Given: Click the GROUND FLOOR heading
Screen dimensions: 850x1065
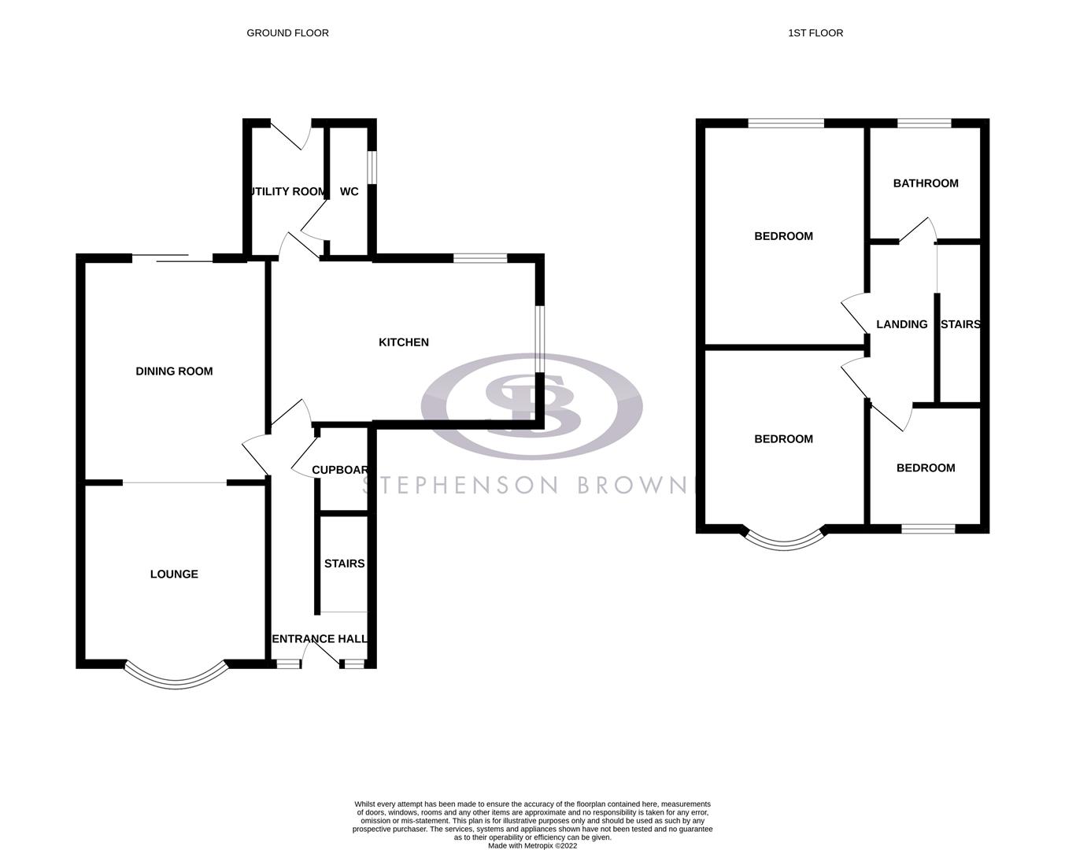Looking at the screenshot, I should pos(287,33).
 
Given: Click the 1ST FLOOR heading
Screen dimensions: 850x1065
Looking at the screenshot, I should pos(815,33).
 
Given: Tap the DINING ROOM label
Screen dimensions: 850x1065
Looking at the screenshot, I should pos(174,371).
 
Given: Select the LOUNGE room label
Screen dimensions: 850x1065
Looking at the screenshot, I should pos(174,575).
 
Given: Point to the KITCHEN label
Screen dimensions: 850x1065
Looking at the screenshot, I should pos(404,342).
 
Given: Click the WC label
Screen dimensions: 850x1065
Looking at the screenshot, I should pos(349,191).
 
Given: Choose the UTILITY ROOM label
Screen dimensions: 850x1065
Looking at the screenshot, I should pos(287,191).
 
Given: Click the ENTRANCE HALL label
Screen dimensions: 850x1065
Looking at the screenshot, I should pos(320,639).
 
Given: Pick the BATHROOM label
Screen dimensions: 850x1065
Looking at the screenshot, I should pos(926,183).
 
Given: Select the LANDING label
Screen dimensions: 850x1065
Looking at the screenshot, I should pos(901,324).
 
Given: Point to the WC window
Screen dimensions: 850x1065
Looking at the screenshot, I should pos(373,166).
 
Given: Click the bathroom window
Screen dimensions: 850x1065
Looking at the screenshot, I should pos(924,123).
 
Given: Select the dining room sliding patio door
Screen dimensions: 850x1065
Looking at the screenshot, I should pos(172,257).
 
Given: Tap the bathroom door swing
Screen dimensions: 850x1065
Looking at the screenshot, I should pos(918,229).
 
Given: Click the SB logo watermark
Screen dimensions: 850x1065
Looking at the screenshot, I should pos(531,406).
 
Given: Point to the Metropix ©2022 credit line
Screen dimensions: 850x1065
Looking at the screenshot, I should pos(532,846).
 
